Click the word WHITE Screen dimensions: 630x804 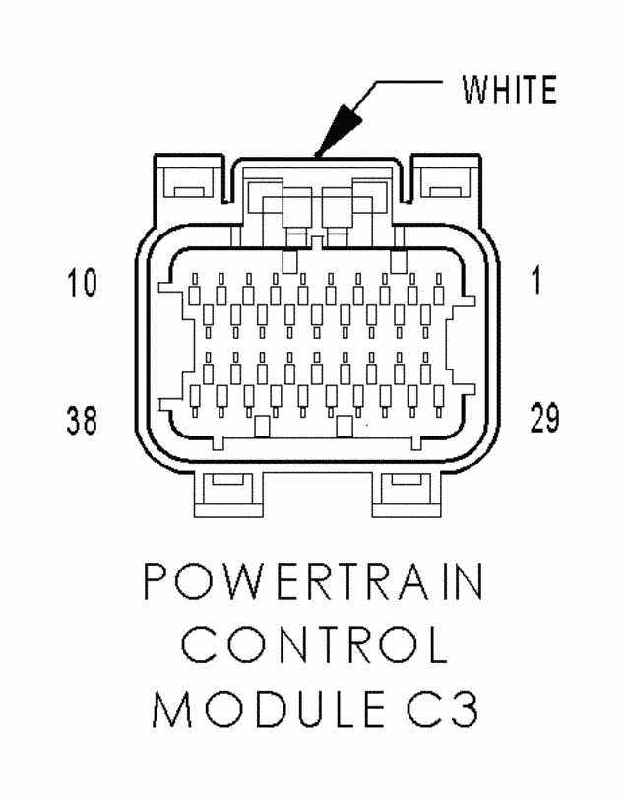(x=509, y=91)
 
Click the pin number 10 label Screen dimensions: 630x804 (x=82, y=283)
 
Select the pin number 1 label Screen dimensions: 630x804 (x=536, y=282)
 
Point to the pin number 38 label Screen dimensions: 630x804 (x=82, y=420)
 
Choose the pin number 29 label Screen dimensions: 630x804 (x=545, y=418)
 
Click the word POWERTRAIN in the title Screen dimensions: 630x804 (x=313, y=582)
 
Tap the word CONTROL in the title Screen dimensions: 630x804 (x=314, y=644)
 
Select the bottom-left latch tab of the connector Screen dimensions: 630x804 (x=229, y=494)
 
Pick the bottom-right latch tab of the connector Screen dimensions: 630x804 (x=407, y=494)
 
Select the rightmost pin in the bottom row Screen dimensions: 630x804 (x=439, y=400)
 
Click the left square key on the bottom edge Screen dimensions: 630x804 (x=262, y=427)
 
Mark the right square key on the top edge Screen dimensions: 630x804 (x=398, y=261)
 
